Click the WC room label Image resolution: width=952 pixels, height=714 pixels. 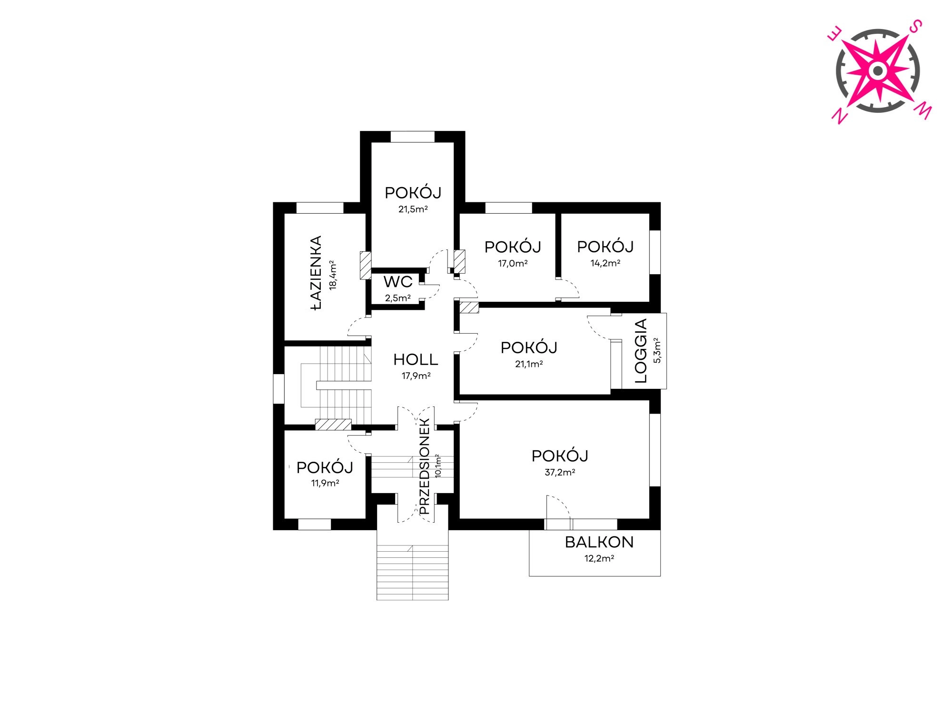(398, 282)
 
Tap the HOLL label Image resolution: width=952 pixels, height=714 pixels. (416, 360)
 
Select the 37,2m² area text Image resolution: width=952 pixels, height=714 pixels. (560, 472)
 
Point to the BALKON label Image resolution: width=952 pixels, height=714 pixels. (599, 542)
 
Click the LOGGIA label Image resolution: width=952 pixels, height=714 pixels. (641, 351)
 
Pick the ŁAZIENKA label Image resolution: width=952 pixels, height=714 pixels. (316, 273)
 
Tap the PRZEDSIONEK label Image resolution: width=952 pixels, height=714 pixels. (425, 466)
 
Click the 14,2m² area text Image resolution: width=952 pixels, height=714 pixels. (605, 263)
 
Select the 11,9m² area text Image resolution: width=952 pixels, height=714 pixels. (325, 483)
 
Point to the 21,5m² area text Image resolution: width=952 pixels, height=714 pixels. (413, 209)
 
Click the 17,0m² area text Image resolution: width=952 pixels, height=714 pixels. (513, 263)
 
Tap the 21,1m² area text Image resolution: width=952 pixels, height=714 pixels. (529, 364)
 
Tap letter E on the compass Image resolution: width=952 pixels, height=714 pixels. (835, 34)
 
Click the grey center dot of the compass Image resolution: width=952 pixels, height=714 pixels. (878, 71)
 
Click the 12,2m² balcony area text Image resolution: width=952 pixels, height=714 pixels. (599, 558)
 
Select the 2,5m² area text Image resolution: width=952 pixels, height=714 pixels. (398, 298)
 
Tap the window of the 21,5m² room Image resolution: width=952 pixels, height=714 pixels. (413, 137)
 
